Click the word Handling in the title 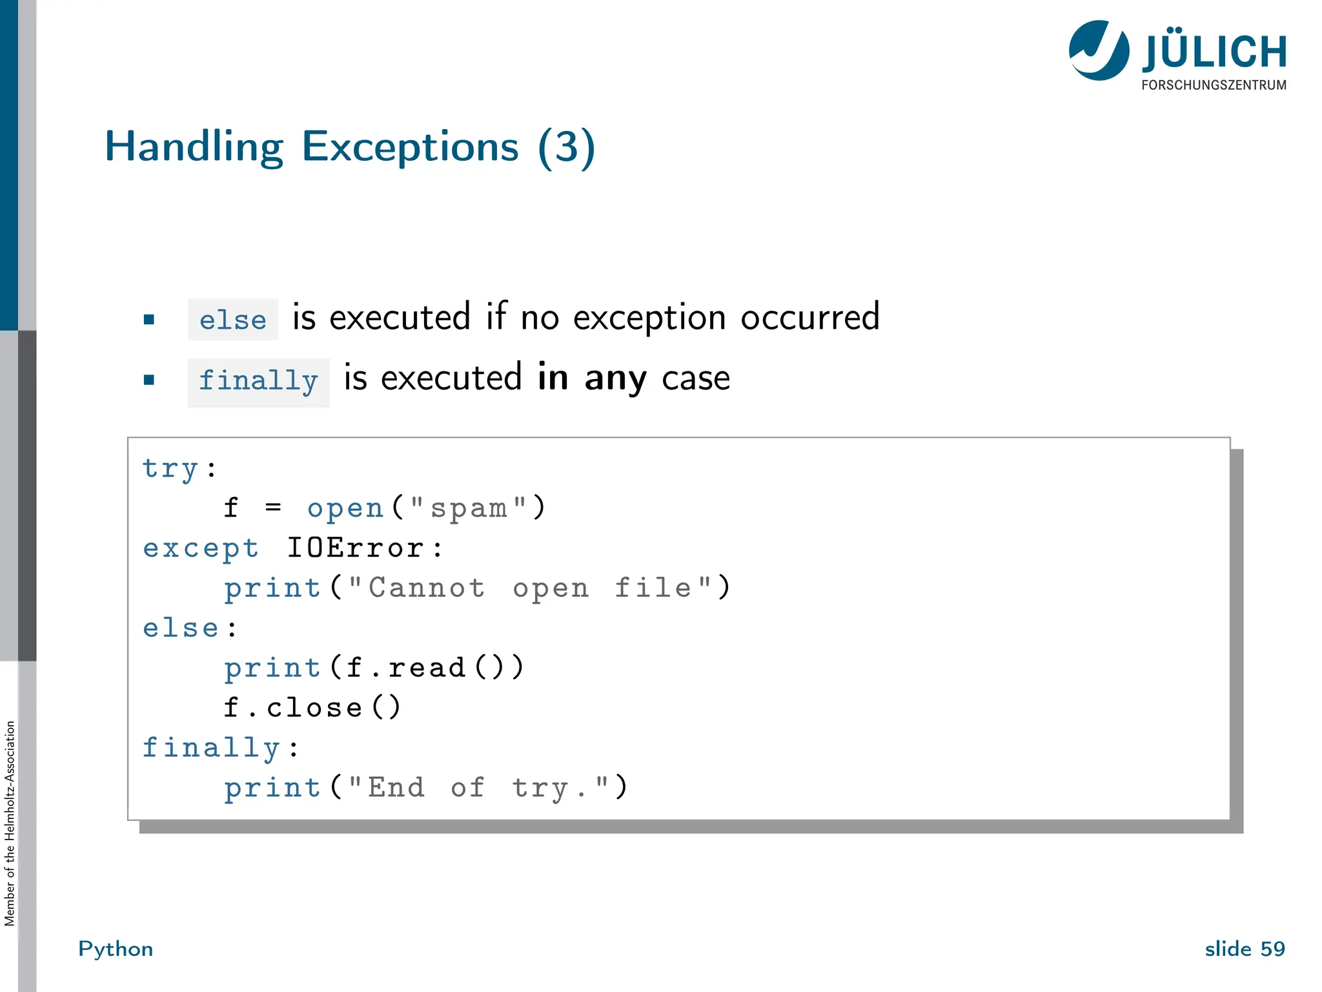coord(194,147)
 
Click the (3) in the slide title coord(566,147)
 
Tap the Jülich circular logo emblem coord(1099,50)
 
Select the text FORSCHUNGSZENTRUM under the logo coord(1214,85)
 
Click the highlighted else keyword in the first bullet coord(232,320)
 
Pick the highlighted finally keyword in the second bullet coord(258,382)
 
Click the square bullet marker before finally coord(149,380)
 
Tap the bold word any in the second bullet coord(615,378)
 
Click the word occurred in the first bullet coord(809,318)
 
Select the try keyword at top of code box coord(170,468)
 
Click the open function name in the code coord(345,508)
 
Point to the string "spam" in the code coord(469,508)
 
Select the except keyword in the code coord(201,548)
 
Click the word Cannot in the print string coord(426,588)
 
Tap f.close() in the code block coord(312,708)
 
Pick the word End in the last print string coord(396,788)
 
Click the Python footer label coord(116,949)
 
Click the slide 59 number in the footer coord(1245,949)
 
